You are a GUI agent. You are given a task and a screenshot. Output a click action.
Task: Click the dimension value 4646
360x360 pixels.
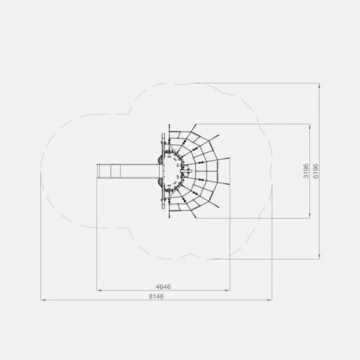163,287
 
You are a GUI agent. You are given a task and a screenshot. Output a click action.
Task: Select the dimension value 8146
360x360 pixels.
156,296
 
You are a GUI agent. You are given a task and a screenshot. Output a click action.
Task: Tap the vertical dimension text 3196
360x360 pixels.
306,171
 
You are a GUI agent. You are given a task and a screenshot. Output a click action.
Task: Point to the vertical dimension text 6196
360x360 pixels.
316,171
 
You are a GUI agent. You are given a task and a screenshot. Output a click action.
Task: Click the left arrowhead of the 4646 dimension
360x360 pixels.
99,290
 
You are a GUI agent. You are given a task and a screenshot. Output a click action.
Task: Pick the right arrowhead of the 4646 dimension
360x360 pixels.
227,290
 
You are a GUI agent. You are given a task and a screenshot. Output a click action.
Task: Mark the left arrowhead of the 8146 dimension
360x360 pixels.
43,300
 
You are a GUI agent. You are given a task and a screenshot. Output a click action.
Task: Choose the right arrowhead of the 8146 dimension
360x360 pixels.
269,300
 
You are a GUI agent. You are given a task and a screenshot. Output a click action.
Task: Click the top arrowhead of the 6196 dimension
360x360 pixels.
319,86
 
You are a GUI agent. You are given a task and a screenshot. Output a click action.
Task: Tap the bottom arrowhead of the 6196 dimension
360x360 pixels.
319,256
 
